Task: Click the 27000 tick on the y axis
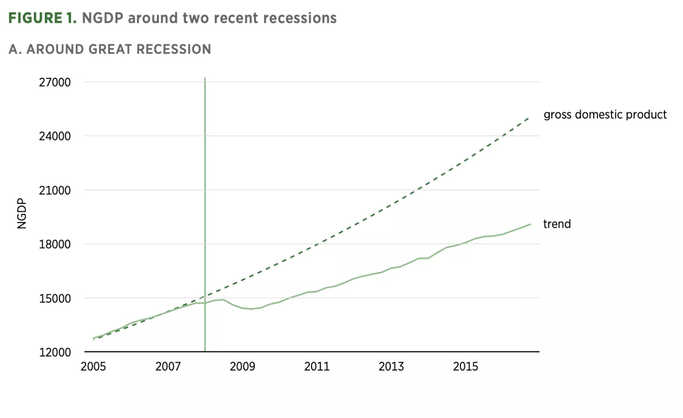[55, 83]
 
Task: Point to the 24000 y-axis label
[55, 136]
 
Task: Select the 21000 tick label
[55, 190]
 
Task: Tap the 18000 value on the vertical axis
[55, 244]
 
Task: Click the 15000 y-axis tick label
[55, 298]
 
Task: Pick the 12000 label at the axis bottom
[55, 353]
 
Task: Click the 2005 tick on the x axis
[93, 366]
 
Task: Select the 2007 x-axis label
[168, 366]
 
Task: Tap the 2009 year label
[242, 366]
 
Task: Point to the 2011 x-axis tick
[317, 366]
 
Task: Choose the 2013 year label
[391, 366]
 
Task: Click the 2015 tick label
[465, 366]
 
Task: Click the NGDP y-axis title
[22, 214]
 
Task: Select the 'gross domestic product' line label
[605, 115]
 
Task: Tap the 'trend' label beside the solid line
[557, 224]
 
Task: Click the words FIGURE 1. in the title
[42, 18]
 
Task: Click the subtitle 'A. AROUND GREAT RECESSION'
[110, 49]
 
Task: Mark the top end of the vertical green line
[205, 79]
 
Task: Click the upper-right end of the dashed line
[529, 117]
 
